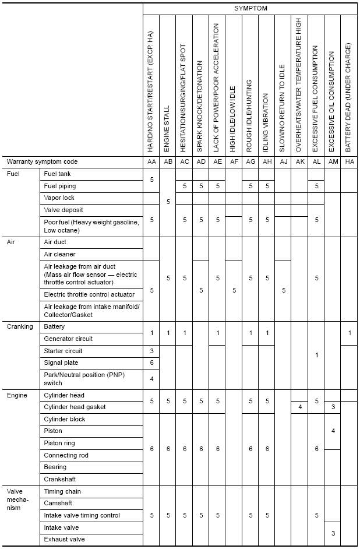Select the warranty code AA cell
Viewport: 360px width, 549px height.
pyautogui.click(x=151, y=161)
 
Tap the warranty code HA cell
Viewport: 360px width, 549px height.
pyautogui.click(x=349, y=161)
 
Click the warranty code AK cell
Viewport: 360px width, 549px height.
pyautogui.click(x=299, y=161)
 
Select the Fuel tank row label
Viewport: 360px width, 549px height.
pyautogui.click(x=58, y=174)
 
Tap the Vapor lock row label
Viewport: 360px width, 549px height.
pyautogui.click(x=59, y=198)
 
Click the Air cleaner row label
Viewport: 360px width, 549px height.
pyautogui.click(x=60, y=254)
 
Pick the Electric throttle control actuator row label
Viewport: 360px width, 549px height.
pyautogui.click(x=89, y=294)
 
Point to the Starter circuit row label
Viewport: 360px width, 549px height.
pyautogui.click(x=63, y=351)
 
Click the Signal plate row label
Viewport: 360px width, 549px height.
pyautogui.click(x=61, y=363)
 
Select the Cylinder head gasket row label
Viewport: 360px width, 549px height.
pyautogui.click(x=75, y=407)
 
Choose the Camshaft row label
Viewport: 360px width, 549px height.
pyautogui.click(x=58, y=503)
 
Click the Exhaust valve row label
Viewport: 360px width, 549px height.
pyautogui.click(x=64, y=539)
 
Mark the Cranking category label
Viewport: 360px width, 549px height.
pyautogui.click(x=20, y=326)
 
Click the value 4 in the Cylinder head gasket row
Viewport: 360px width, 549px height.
pyautogui.click(x=299, y=407)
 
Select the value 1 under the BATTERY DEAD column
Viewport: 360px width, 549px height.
pyautogui.click(x=349, y=332)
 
